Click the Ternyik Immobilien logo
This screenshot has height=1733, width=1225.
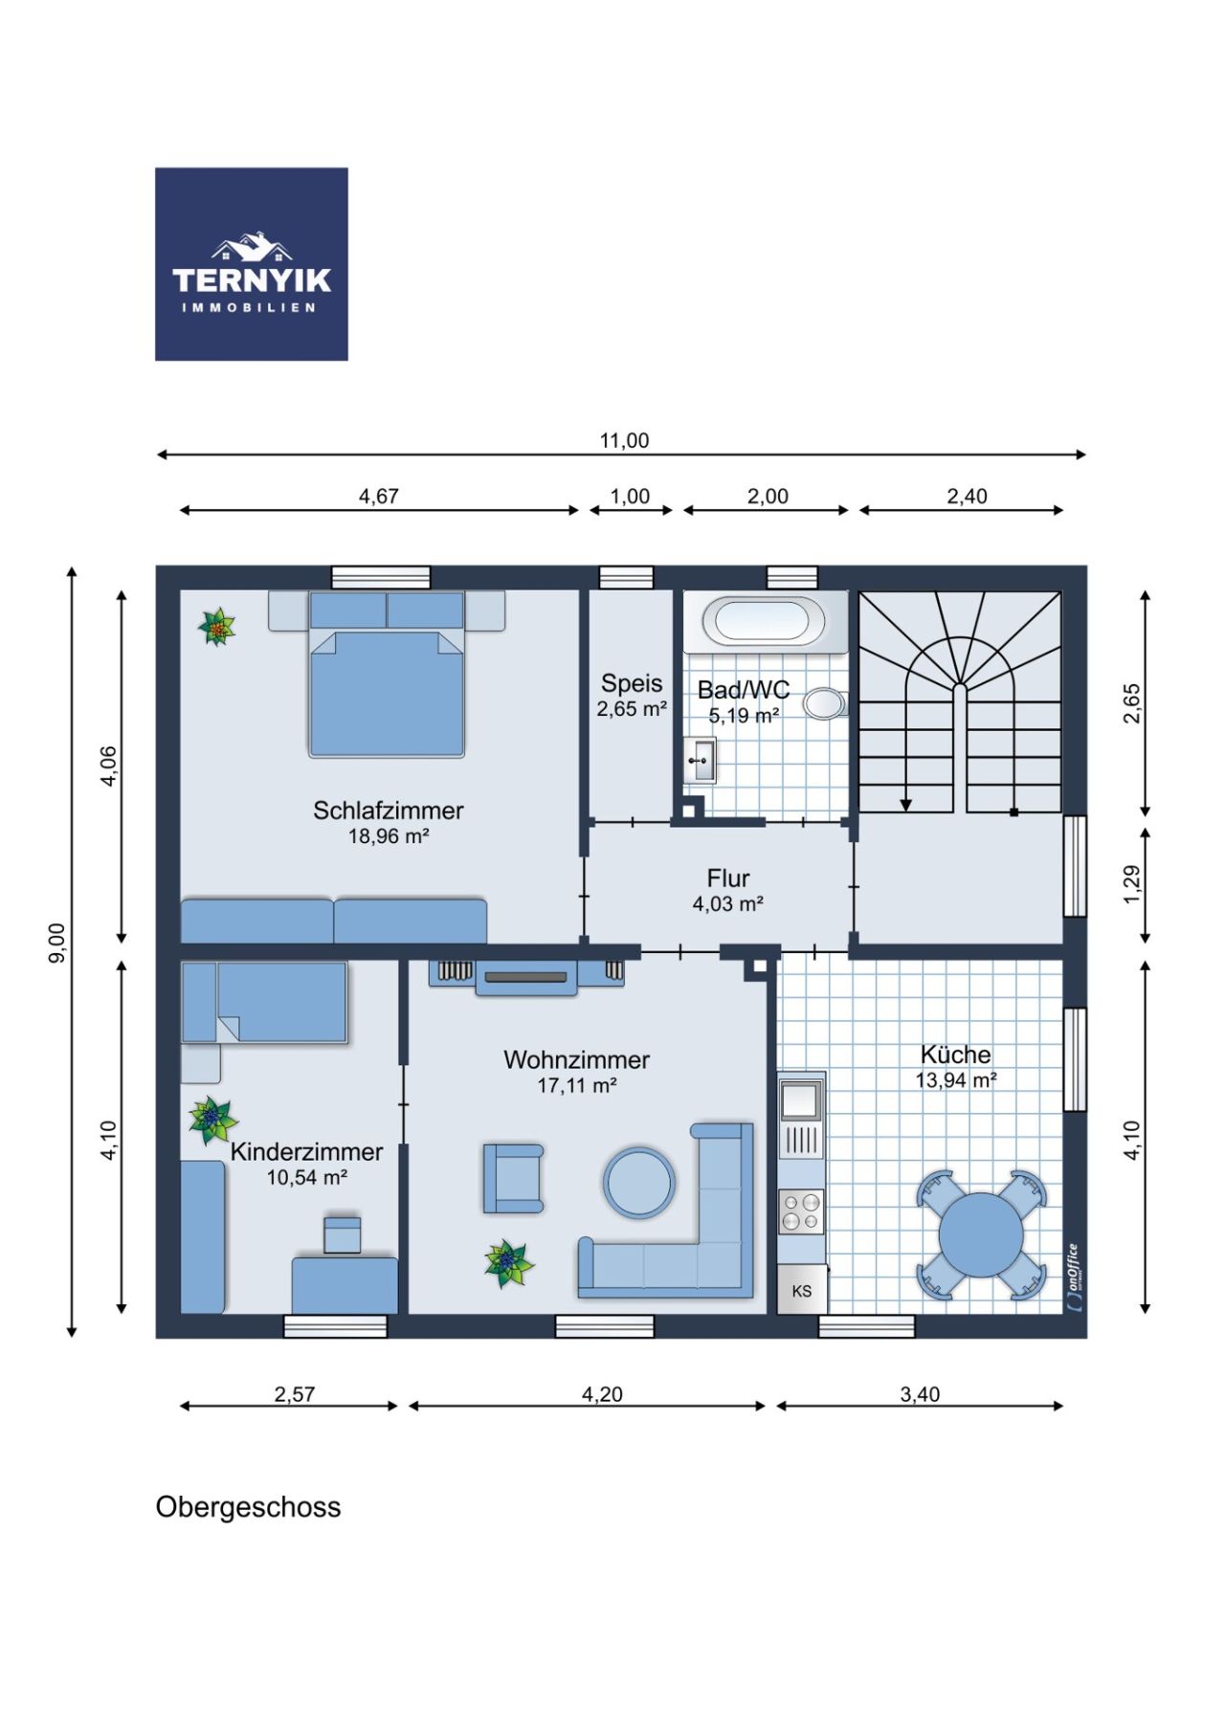[251, 264]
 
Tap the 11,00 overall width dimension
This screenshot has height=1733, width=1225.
[624, 441]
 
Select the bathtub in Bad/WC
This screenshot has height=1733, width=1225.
[765, 622]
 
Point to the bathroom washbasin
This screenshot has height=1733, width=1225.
[701, 761]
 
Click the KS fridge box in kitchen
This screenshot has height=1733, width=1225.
[801, 1290]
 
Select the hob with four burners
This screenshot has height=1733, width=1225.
[801, 1211]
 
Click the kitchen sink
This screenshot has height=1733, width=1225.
[801, 1100]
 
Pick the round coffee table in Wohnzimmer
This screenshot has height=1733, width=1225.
[639, 1182]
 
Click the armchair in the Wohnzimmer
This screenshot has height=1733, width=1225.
[513, 1178]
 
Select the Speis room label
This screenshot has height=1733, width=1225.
[632, 683]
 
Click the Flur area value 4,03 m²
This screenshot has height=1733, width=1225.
[727, 903]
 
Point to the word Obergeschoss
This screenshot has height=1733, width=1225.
[248, 1507]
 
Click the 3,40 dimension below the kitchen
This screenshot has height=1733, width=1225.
[920, 1394]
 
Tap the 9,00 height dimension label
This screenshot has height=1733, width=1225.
[57, 943]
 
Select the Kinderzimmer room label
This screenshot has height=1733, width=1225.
[306, 1152]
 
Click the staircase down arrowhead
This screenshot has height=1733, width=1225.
[906, 805]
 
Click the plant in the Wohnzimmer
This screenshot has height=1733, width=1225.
[507, 1263]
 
